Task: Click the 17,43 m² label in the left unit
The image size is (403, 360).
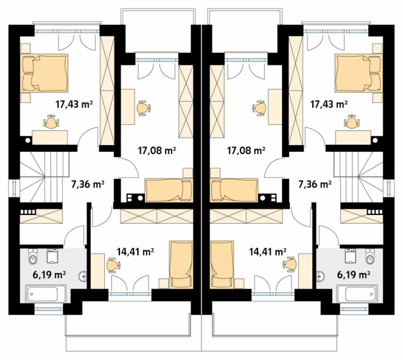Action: click(74, 104)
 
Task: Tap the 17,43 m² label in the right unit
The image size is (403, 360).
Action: click(329, 104)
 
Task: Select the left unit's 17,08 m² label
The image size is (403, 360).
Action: click(157, 150)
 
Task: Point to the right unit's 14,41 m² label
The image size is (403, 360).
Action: click(268, 252)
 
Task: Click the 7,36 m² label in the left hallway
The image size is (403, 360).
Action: click(88, 185)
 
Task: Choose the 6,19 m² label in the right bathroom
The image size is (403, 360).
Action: click(354, 275)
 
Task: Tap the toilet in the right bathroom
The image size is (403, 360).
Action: click(370, 256)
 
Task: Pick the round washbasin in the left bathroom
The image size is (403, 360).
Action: click(83, 277)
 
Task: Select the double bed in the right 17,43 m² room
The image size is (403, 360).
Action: click(359, 72)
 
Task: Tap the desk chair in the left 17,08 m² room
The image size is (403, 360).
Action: click(144, 108)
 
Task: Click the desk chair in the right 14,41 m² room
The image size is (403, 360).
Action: click(289, 264)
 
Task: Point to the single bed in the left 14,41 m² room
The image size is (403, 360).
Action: click(181, 264)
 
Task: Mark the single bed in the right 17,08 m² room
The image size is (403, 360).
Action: click(234, 190)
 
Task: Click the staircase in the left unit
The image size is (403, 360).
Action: click(44, 177)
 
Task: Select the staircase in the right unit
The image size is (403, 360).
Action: click(359, 177)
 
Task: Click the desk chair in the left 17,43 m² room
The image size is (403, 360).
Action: click(52, 122)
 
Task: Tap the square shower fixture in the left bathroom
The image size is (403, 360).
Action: click(52, 256)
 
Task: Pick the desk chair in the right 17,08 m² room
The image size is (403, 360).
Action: click(259, 108)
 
